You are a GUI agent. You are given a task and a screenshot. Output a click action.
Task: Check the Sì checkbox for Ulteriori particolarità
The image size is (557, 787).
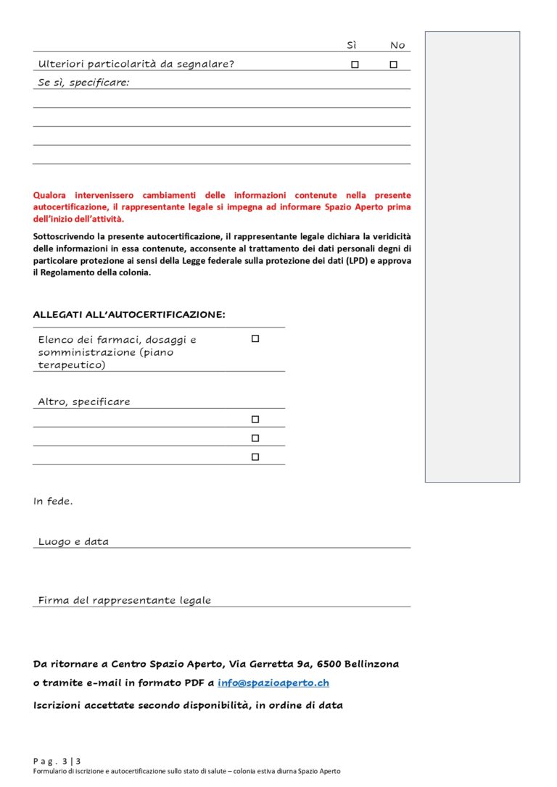pos(355,64)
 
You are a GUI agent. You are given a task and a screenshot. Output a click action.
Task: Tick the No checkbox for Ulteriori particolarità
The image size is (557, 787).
pos(394,64)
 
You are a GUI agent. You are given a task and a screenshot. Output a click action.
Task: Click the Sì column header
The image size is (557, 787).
pos(352,45)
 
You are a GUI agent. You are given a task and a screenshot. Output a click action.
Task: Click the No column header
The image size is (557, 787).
pos(397,45)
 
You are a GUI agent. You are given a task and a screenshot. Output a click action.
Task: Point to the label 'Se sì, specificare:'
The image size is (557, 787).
pos(83,83)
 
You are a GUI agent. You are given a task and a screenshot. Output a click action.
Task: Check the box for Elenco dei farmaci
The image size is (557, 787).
pos(255,338)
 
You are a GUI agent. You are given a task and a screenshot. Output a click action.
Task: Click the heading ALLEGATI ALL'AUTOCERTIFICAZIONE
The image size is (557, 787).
pos(129,315)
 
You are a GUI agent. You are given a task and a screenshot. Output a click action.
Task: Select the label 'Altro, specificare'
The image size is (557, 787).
pos(84,401)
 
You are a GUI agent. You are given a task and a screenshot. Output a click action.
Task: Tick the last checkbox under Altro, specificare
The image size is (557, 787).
pos(255,457)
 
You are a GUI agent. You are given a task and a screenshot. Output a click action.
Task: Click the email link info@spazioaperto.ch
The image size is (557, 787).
pos(273,683)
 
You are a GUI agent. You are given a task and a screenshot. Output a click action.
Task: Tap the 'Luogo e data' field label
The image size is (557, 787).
pos(73,541)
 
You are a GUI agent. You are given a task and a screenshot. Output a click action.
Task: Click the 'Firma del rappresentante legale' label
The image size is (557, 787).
pos(125,600)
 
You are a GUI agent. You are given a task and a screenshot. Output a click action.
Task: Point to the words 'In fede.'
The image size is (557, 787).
pos(53,501)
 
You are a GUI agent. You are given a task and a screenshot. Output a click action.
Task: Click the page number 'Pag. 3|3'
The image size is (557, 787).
pos(57,761)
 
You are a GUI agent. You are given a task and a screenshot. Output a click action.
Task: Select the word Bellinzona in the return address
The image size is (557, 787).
pos(372,664)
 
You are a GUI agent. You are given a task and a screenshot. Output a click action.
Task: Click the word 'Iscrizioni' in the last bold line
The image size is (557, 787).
pos(59,704)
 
